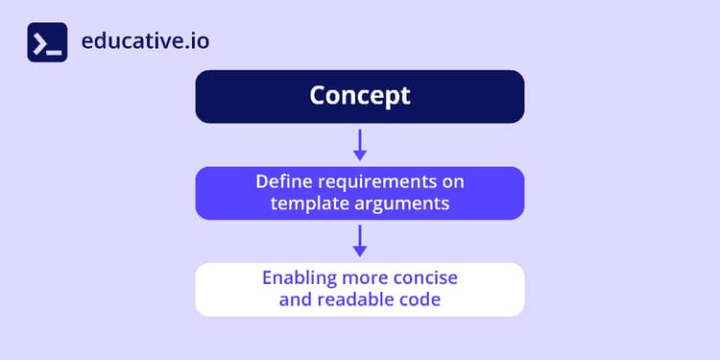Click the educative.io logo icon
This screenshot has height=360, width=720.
47,42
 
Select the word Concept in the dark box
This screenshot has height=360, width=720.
359,96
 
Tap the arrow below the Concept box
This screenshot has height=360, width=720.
360,144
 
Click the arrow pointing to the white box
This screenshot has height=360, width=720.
360,240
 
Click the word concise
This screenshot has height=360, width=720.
423,278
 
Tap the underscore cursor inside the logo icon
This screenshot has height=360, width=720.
56,50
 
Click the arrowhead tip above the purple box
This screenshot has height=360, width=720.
360,157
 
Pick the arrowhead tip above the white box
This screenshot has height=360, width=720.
360,253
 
